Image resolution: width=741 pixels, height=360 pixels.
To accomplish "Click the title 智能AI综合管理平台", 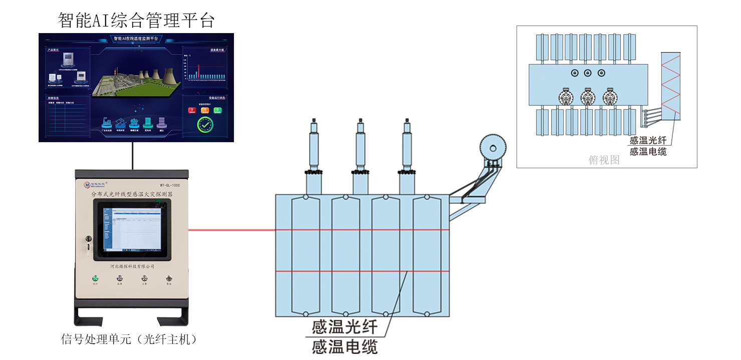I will point(136,21).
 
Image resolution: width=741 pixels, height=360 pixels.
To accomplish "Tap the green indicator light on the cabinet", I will point(95,278).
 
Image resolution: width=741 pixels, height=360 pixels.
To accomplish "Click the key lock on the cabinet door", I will point(89,239).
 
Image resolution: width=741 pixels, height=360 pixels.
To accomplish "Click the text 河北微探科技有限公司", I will point(132,267).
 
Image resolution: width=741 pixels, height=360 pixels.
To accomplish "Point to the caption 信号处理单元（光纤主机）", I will point(128,339).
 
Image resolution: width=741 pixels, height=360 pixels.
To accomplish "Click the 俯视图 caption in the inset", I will point(604,160).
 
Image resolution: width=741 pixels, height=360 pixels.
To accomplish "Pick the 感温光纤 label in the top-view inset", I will point(648,141).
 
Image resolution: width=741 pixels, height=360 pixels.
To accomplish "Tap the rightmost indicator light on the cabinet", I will point(169,278).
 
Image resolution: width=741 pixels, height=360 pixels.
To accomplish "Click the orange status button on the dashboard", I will point(204,110).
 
